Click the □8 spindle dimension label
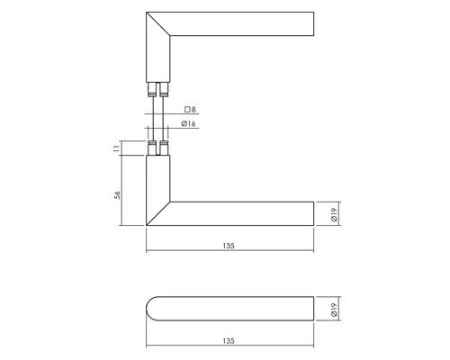(190, 110)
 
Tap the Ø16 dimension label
(190, 122)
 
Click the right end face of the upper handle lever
(313, 24)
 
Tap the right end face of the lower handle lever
(313, 212)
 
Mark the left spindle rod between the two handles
(153, 117)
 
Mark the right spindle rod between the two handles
(164, 117)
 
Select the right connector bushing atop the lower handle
(164, 148)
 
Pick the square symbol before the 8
(184, 110)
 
